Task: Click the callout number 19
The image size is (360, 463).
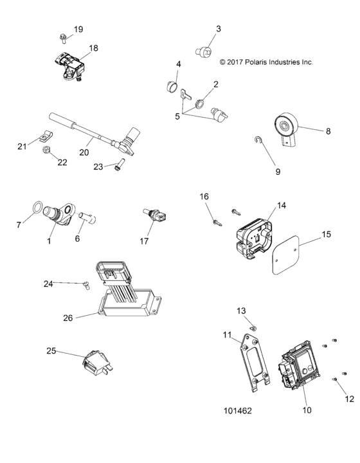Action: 78,30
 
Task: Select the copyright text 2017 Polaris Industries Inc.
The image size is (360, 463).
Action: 265,62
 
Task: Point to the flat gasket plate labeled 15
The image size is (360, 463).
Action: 285,251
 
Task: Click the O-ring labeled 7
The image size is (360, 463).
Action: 38,209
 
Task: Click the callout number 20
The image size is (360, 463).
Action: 84,153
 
